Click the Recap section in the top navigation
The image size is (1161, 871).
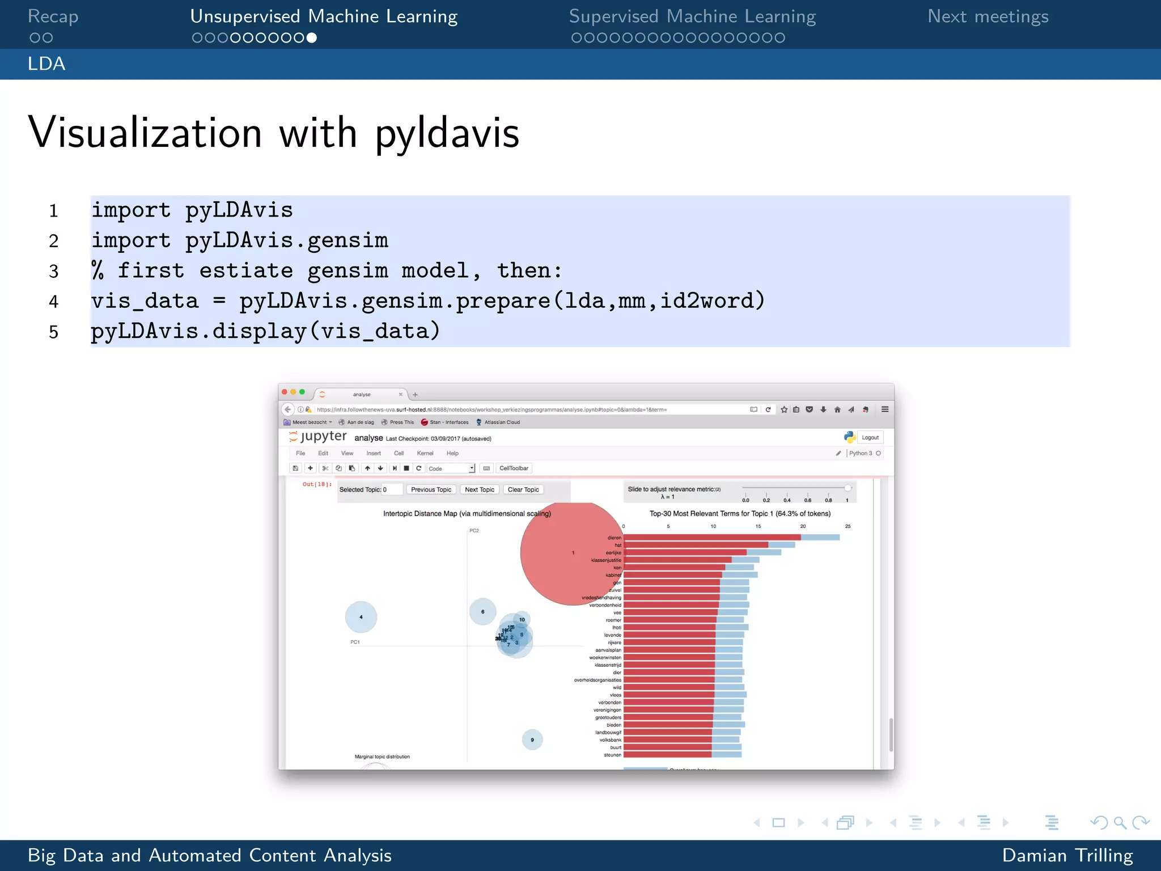[x=53, y=16]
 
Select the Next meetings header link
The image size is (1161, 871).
[x=988, y=16]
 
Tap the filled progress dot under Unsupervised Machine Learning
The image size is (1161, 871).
[x=311, y=38]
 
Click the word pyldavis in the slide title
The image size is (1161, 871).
[x=447, y=134]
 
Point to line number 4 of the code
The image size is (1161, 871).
[x=54, y=302]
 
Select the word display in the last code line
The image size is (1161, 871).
[x=259, y=331]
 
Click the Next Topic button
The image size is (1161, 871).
[x=479, y=489]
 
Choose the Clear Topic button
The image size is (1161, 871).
[x=523, y=489]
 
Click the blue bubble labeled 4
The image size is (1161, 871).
[x=361, y=617]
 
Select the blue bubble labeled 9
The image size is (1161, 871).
[x=532, y=739]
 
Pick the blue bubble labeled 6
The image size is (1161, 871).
[x=482, y=611]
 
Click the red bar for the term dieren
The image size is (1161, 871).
[x=711, y=538]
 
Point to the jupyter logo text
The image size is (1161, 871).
[x=323, y=436]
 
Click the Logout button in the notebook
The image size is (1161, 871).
[x=870, y=438]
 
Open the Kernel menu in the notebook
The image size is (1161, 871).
[x=425, y=453]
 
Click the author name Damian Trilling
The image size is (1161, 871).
[x=1067, y=855]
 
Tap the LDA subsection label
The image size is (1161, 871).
[x=46, y=64]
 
